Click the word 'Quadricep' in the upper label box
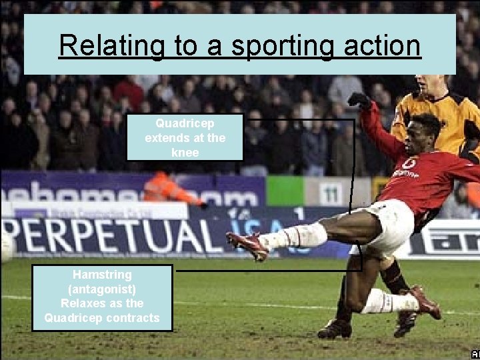click(185, 123)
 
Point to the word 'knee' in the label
click(185, 152)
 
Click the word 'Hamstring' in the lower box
click(102, 274)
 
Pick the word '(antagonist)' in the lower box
click(102, 289)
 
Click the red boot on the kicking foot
click(247, 245)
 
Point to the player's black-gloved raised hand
click(359, 100)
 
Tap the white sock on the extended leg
click(293, 236)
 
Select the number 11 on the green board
click(331, 192)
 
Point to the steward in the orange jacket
click(171, 189)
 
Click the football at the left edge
click(5, 246)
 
